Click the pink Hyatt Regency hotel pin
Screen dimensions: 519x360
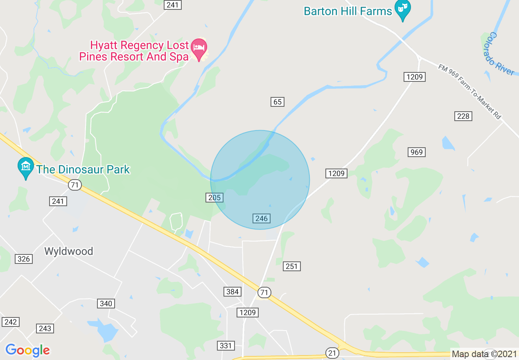click(199, 49)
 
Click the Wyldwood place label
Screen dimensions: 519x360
click(69, 251)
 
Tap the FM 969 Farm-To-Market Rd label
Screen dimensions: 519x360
click(469, 92)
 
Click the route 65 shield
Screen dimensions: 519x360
click(278, 102)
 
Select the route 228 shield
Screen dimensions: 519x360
click(463, 116)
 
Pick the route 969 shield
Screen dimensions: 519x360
click(416, 152)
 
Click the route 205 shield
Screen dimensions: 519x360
click(214, 198)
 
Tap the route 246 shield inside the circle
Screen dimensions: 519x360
click(261, 218)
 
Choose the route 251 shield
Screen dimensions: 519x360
click(291, 266)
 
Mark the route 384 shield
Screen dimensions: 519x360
click(232, 292)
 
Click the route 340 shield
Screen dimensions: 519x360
click(106, 304)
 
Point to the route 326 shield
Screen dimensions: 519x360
click(24, 259)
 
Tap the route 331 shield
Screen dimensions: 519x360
click(226, 346)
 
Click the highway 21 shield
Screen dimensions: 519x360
click(332, 353)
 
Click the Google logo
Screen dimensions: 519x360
click(27, 350)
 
